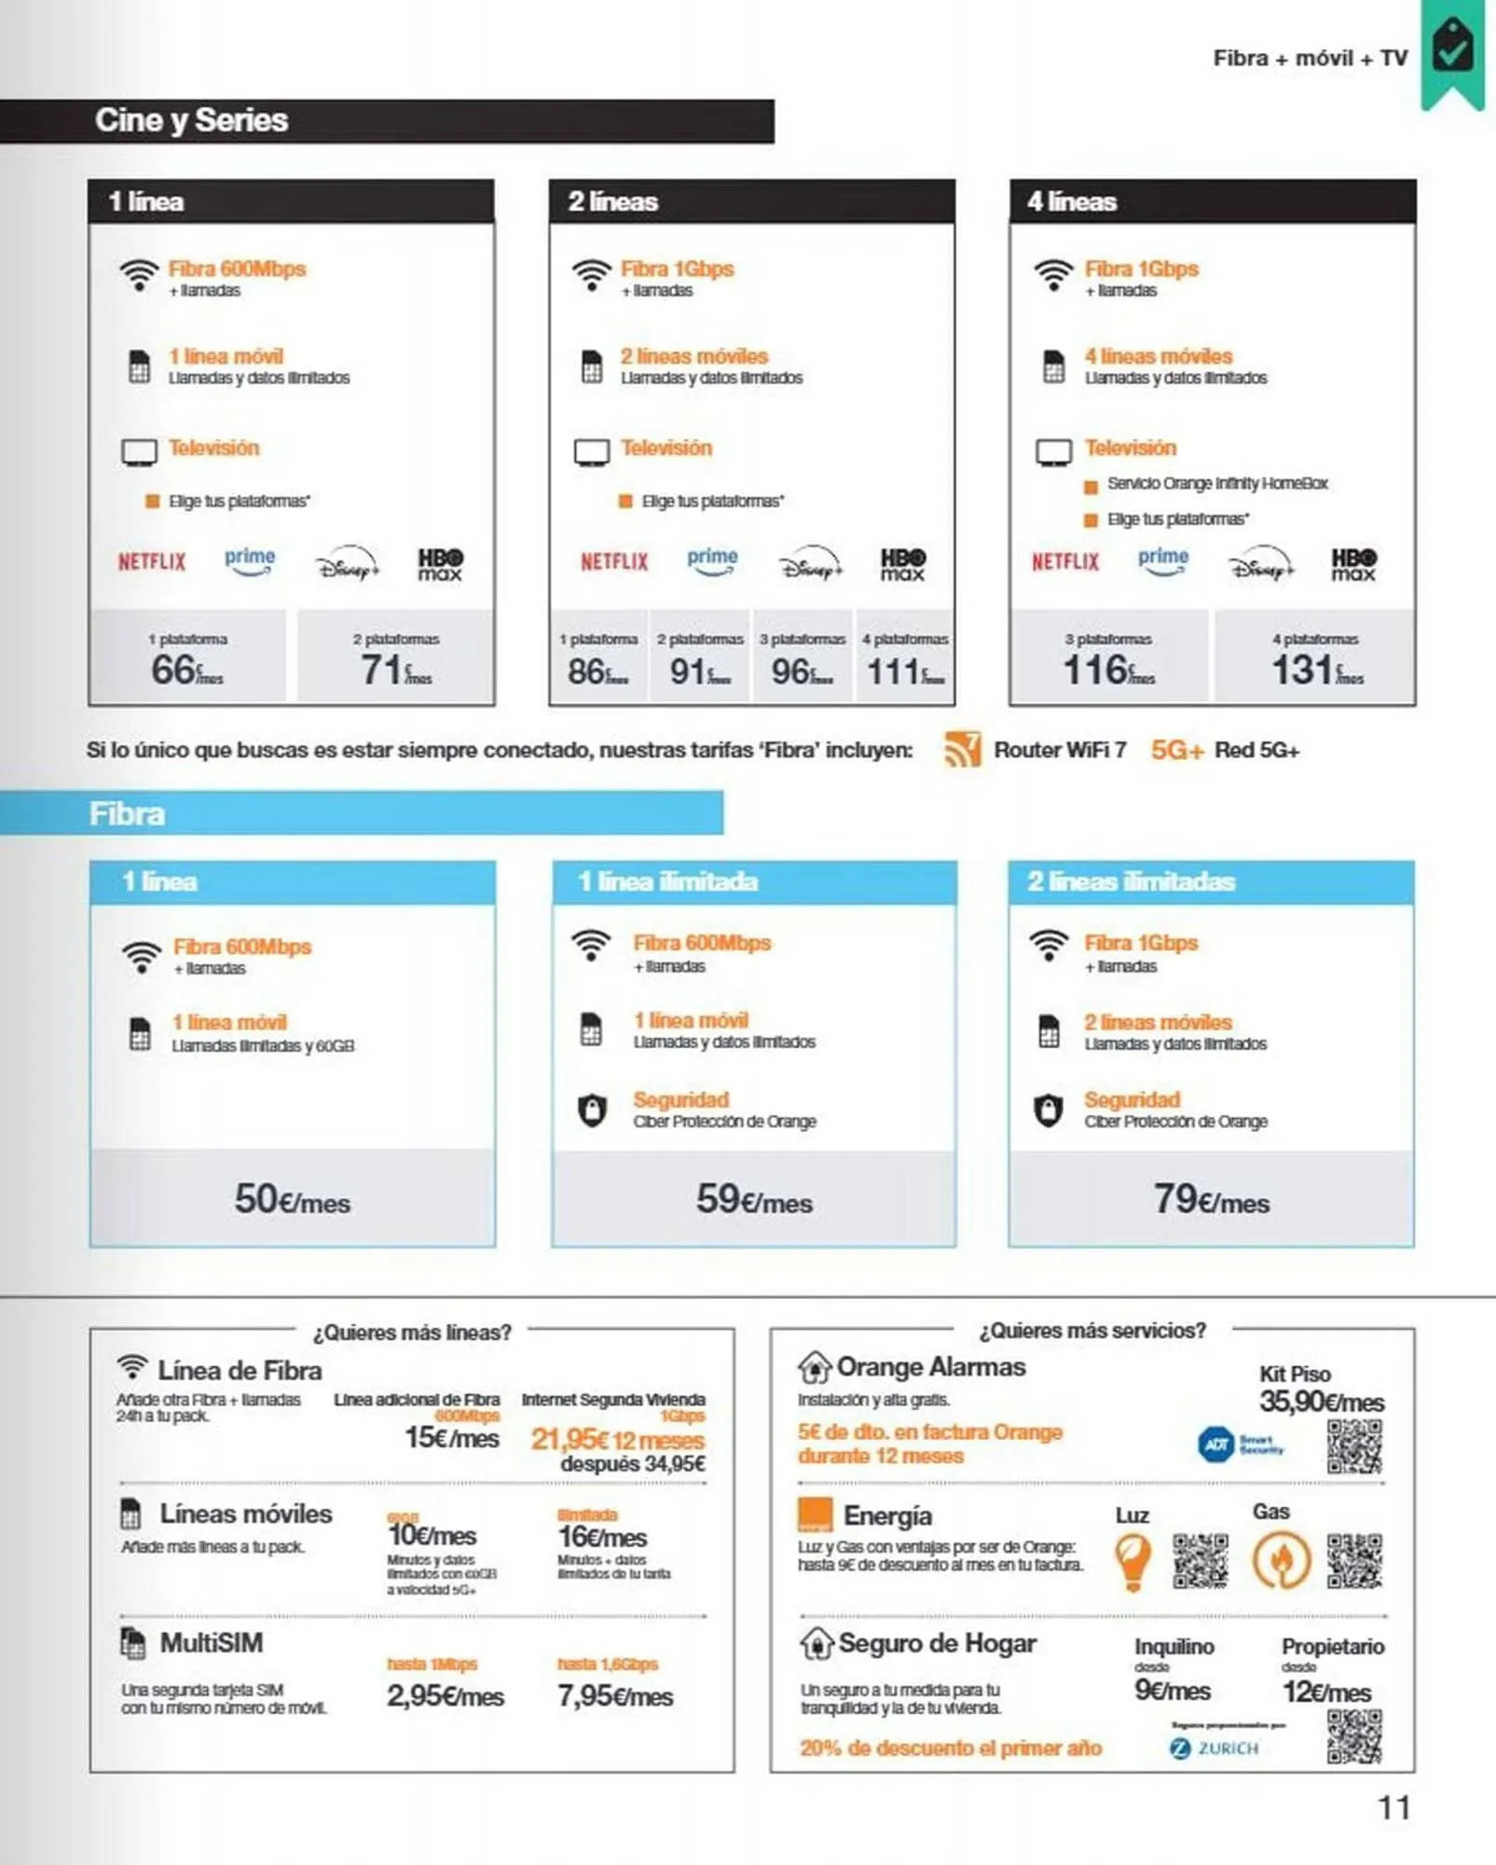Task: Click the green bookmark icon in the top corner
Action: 1452,51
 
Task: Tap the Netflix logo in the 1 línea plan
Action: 152,561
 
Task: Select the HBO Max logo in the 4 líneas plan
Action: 1353,563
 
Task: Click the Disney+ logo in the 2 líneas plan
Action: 811,563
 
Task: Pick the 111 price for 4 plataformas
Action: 904,670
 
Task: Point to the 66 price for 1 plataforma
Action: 186,670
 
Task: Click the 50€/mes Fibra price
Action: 292,1199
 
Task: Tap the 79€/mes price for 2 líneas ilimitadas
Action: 1211,1199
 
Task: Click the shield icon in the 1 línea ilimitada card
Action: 592,1110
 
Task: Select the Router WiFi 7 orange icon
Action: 963,750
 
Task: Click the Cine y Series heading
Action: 191,120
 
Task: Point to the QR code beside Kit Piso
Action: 1354,1446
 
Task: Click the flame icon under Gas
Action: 1282,1560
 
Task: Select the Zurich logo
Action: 1215,1748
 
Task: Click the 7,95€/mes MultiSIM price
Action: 615,1696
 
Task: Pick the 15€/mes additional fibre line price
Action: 452,1438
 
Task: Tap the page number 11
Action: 1393,1808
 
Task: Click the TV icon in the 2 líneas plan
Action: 592,452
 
